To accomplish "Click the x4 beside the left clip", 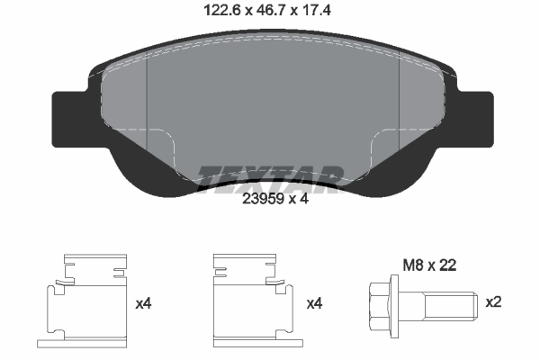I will point(143,304).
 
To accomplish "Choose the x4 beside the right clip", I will point(314,304).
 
